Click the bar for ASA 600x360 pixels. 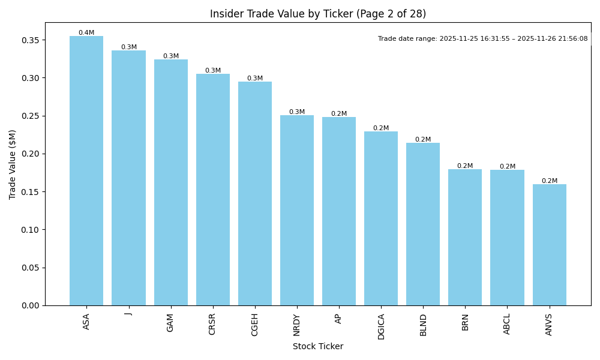click(x=86, y=170)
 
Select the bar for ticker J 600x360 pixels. click(x=128, y=178)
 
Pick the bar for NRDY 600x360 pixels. click(x=297, y=210)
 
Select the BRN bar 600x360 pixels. click(x=465, y=237)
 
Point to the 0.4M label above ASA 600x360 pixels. click(x=86, y=32)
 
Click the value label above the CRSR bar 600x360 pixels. click(x=213, y=70)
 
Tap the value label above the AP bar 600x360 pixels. click(x=339, y=113)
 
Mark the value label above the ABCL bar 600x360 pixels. click(x=507, y=166)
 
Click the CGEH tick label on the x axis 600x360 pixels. click(x=254, y=325)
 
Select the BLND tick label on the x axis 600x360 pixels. click(x=423, y=325)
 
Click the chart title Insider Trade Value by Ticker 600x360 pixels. click(x=317, y=14)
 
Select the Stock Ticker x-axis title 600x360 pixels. click(x=317, y=346)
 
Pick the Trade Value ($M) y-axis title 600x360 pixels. click(x=12, y=164)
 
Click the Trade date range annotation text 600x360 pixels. click(x=482, y=38)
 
